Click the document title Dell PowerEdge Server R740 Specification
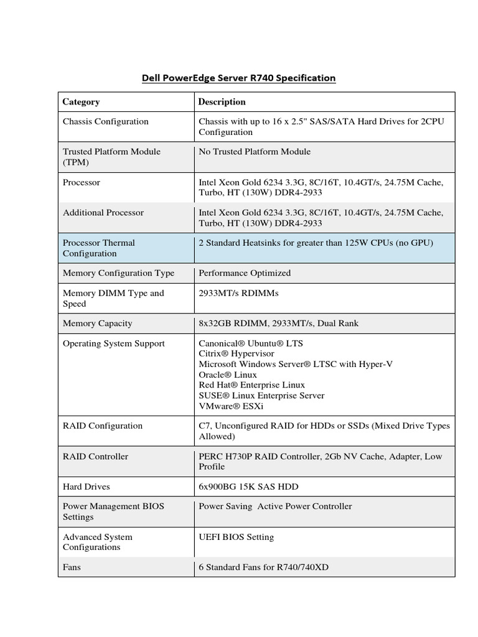(x=238, y=78)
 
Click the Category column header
(x=81, y=101)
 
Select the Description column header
(x=222, y=101)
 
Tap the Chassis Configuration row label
(x=105, y=121)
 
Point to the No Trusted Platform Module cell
(x=254, y=151)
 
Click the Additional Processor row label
(x=103, y=212)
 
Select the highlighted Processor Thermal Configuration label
(x=98, y=248)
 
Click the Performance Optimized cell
(x=245, y=272)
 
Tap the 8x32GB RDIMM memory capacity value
(x=278, y=323)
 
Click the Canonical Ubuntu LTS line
(x=251, y=343)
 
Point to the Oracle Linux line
(x=228, y=374)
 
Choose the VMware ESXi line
(x=231, y=406)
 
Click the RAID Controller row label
(x=95, y=456)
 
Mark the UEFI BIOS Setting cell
(x=236, y=536)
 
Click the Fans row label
(x=72, y=567)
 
